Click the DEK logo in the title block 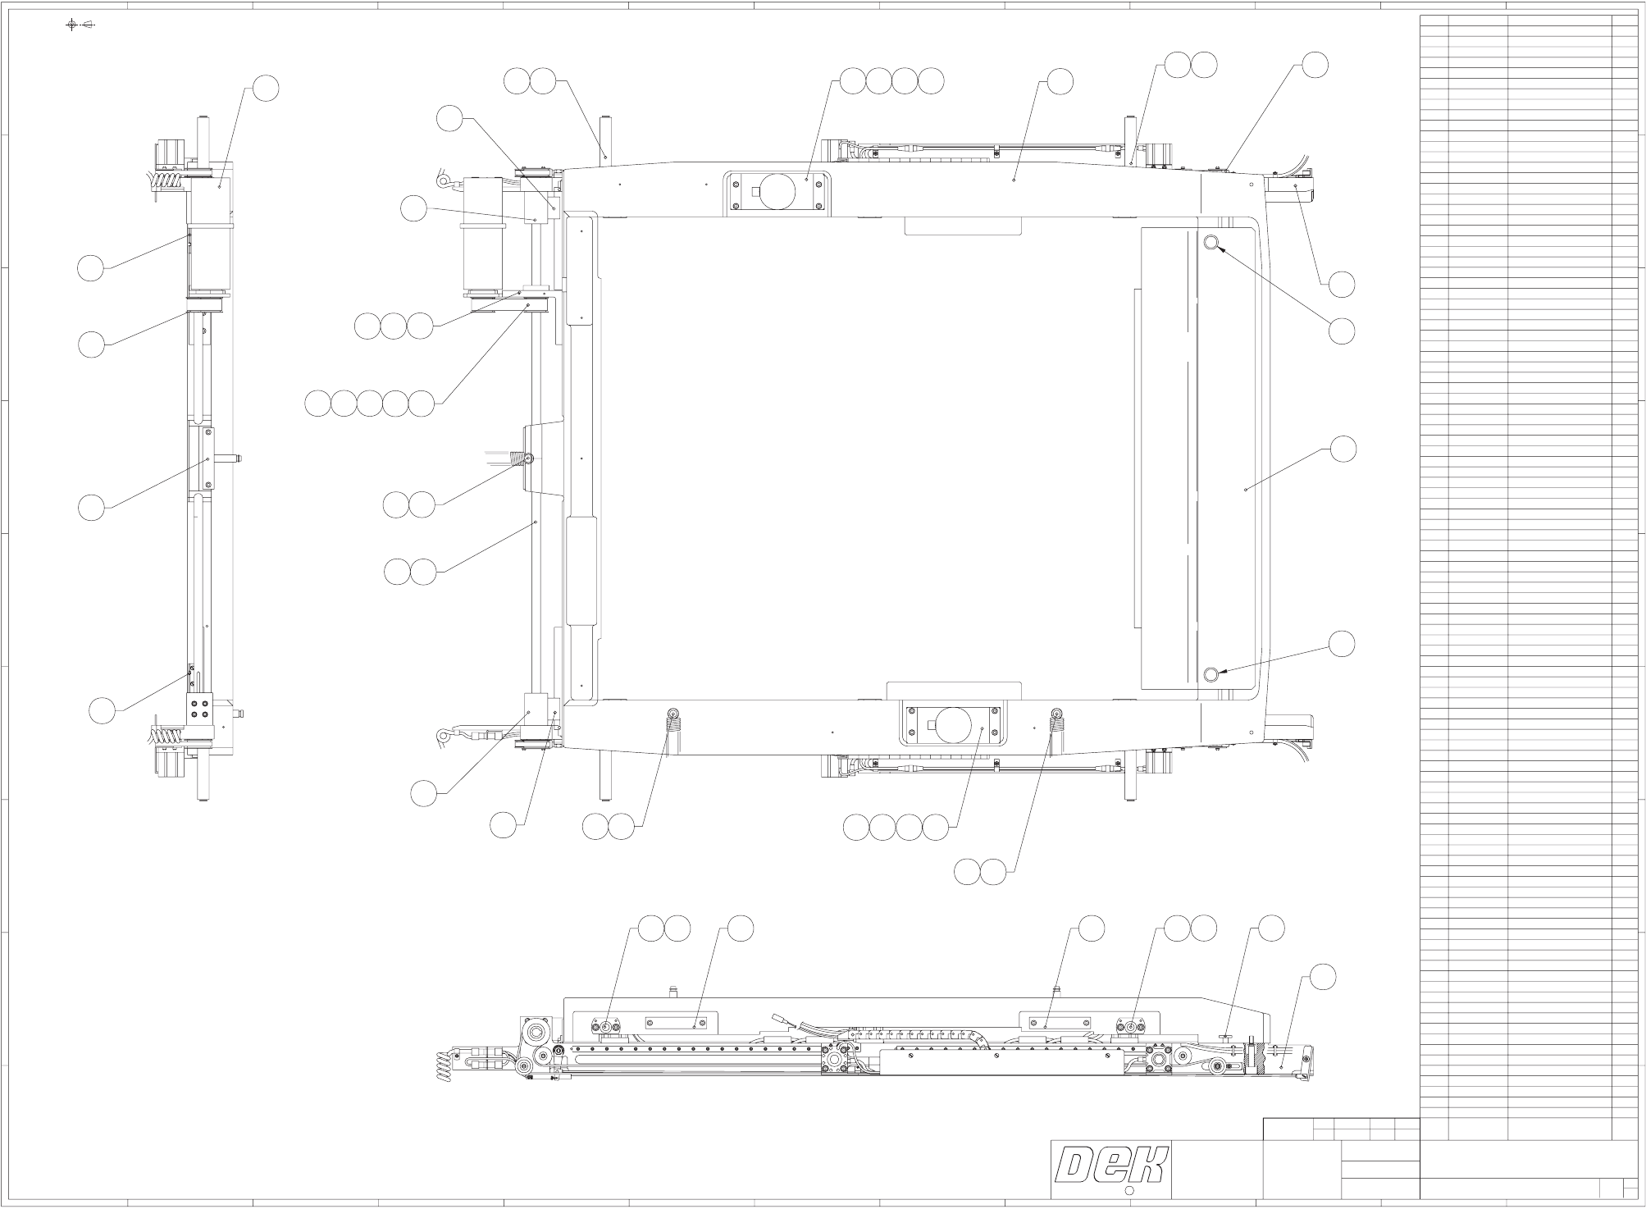[x=1111, y=1166]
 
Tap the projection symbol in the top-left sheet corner [x=80, y=24]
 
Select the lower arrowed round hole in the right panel [x=1211, y=674]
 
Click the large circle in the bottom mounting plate [x=952, y=726]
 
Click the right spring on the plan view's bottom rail [x=1056, y=722]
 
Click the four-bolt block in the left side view [x=197, y=708]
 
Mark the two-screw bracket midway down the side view [x=208, y=459]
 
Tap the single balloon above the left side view [x=265, y=89]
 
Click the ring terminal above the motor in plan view [x=443, y=175]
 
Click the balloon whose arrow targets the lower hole [x=1342, y=645]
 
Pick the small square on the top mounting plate [x=756, y=193]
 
